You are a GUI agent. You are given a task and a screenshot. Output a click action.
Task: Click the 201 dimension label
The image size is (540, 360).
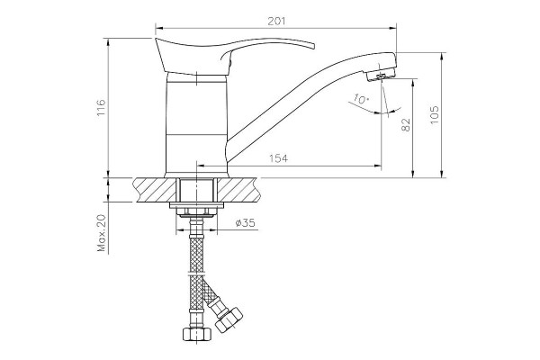(x=276, y=21)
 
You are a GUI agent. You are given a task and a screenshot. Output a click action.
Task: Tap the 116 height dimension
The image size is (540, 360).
(x=101, y=107)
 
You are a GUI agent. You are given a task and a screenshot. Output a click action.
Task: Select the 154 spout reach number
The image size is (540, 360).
(x=278, y=158)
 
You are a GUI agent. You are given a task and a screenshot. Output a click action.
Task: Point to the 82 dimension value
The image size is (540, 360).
(x=406, y=125)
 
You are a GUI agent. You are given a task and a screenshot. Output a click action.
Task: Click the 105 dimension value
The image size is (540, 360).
(x=435, y=114)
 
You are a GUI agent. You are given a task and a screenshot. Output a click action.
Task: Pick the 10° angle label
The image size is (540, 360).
(x=361, y=100)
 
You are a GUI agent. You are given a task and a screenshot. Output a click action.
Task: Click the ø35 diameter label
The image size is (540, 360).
(x=246, y=223)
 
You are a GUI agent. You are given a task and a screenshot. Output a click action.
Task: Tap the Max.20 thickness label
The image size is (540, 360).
(x=101, y=233)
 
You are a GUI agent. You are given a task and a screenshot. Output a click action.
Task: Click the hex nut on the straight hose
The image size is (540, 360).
(x=196, y=334)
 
